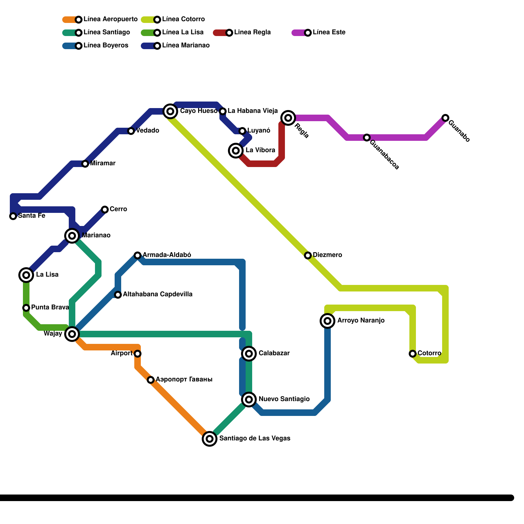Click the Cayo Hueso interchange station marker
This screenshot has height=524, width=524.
pyautogui.click(x=170, y=111)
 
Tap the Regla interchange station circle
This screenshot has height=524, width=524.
pyautogui.click(x=288, y=118)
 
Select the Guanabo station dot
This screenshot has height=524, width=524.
pyautogui.click(x=445, y=118)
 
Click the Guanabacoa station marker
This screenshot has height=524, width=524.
pyautogui.click(x=367, y=138)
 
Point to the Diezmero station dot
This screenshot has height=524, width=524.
pyautogui.click(x=308, y=255)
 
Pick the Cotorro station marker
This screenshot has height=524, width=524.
pyautogui.click(x=413, y=354)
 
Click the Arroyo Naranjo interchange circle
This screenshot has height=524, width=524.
pyautogui.click(x=327, y=321)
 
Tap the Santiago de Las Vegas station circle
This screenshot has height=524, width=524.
pyautogui.click(x=210, y=439)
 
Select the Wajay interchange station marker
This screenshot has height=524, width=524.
pyautogui.click(x=72, y=334)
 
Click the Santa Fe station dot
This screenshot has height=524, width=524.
pyautogui.click(x=13, y=216)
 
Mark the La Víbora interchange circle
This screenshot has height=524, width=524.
pyautogui.click(x=236, y=151)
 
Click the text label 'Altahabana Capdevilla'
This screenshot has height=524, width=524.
pyautogui.click(x=158, y=294)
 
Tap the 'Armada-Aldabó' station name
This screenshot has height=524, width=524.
pyautogui.click(x=167, y=255)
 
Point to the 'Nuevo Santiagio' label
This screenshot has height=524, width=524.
pyautogui.click(x=284, y=399)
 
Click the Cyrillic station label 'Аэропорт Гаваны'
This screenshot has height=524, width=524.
pyautogui.click(x=184, y=380)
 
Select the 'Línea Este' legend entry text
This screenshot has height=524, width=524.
pyautogui.click(x=329, y=32)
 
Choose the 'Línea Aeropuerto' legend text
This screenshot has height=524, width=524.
pyautogui.click(x=110, y=19)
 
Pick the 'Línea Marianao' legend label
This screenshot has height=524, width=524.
pyautogui.click(x=186, y=45)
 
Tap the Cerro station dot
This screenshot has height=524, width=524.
pyautogui.click(x=105, y=210)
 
